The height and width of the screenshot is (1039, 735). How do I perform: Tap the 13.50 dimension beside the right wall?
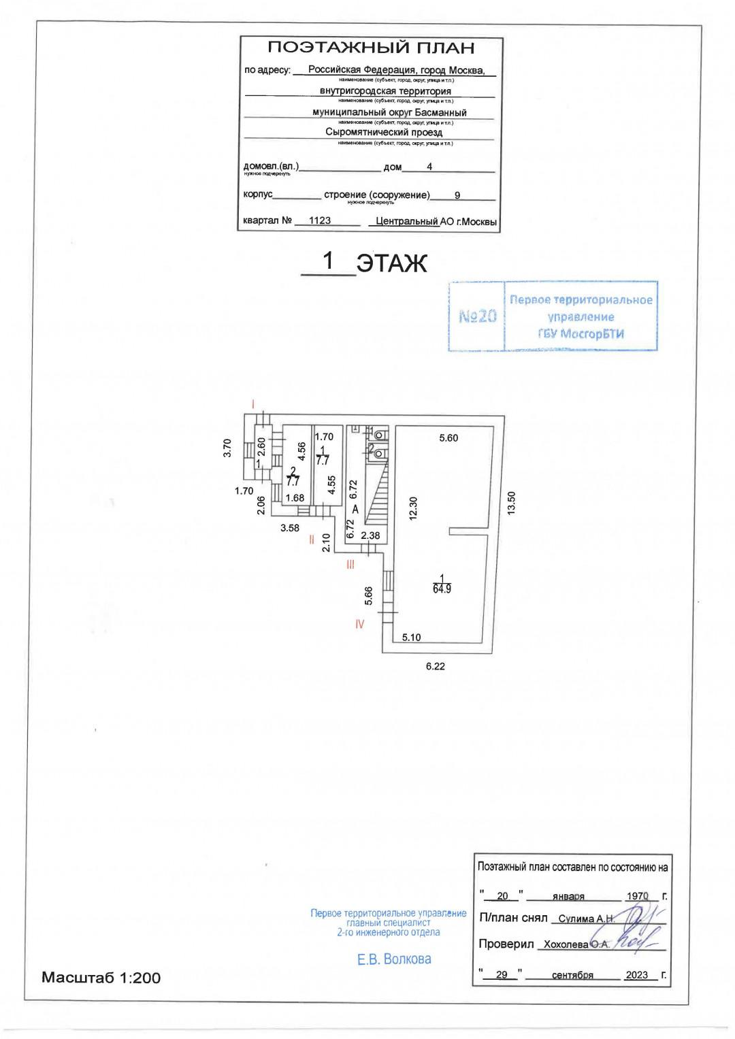point(512,504)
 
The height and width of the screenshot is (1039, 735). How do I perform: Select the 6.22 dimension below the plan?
point(436,666)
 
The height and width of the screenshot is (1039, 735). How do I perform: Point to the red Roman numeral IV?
point(359,624)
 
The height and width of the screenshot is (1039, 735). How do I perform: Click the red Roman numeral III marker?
point(350,564)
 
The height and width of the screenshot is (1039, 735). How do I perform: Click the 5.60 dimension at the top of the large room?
point(448,438)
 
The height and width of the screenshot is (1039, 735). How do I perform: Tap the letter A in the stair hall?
point(355,509)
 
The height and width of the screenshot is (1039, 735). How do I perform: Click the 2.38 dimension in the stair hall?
point(370,535)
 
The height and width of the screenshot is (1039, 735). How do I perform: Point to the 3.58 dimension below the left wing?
point(290,527)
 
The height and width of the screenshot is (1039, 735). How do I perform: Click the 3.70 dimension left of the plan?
point(229,448)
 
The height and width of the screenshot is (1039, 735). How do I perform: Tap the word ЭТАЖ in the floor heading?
point(392,263)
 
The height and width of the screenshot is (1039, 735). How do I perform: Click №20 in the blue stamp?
point(478,316)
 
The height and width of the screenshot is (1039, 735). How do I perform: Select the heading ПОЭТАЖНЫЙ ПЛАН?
point(371,48)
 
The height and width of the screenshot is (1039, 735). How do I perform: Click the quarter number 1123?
point(320,220)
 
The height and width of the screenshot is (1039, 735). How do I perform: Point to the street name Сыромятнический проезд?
point(384,133)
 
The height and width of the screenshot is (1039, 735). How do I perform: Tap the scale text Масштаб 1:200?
point(101,978)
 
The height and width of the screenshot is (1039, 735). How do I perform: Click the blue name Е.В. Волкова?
point(394,959)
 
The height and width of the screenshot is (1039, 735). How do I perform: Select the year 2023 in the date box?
point(637,974)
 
